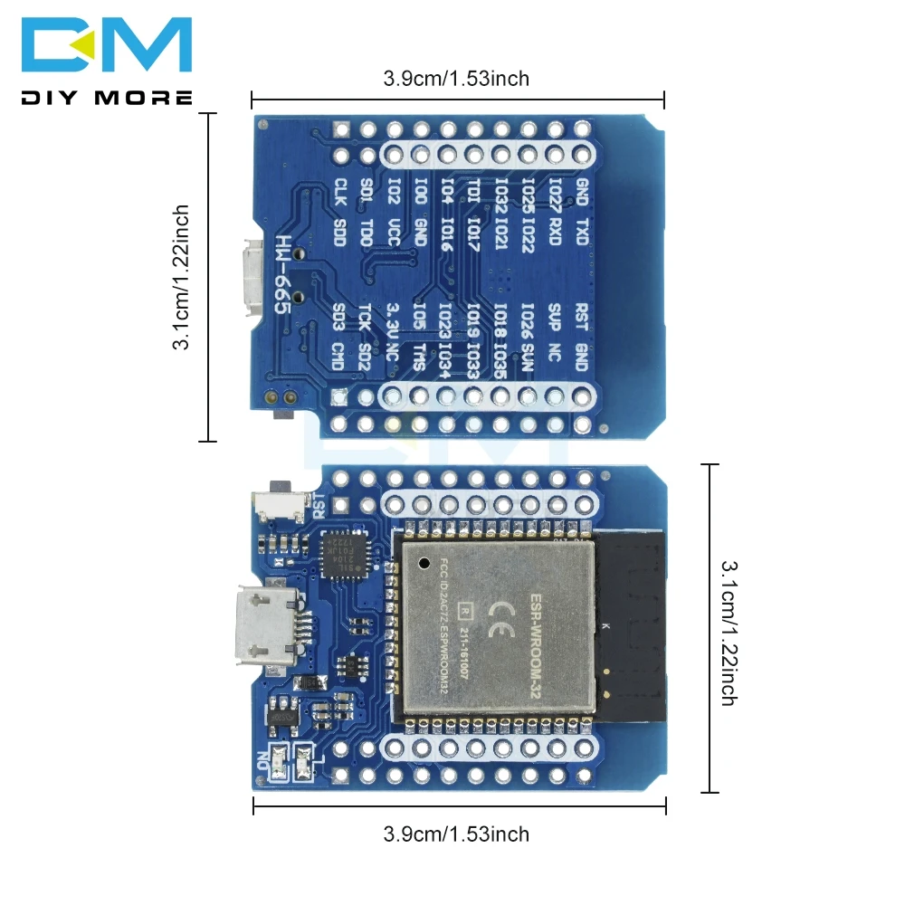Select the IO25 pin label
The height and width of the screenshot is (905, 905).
coord(529,191)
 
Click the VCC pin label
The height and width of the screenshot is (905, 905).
coord(394,231)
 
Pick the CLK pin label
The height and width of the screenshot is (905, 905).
coord(340,192)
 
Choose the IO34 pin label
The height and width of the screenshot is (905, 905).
coord(446,360)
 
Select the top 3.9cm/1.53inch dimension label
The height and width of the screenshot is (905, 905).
coord(456,79)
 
